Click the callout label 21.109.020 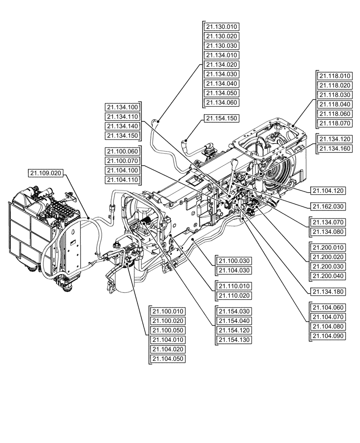click(x=46, y=173)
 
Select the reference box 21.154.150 click(x=222, y=119)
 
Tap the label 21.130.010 click(x=222, y=27)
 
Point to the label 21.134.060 click(x=222, y=103)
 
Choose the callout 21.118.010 click(x=335, y=75)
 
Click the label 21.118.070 click(x=335, y=123)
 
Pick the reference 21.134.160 click(x=335, y=149)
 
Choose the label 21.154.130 click(x=233, y=340)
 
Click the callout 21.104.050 click(x=168, y=359)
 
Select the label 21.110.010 click(x=233, y=286)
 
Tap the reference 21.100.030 click(x=233, y=260)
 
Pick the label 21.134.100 click(x=122, y=107)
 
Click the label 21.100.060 click(x=122, y=151)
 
